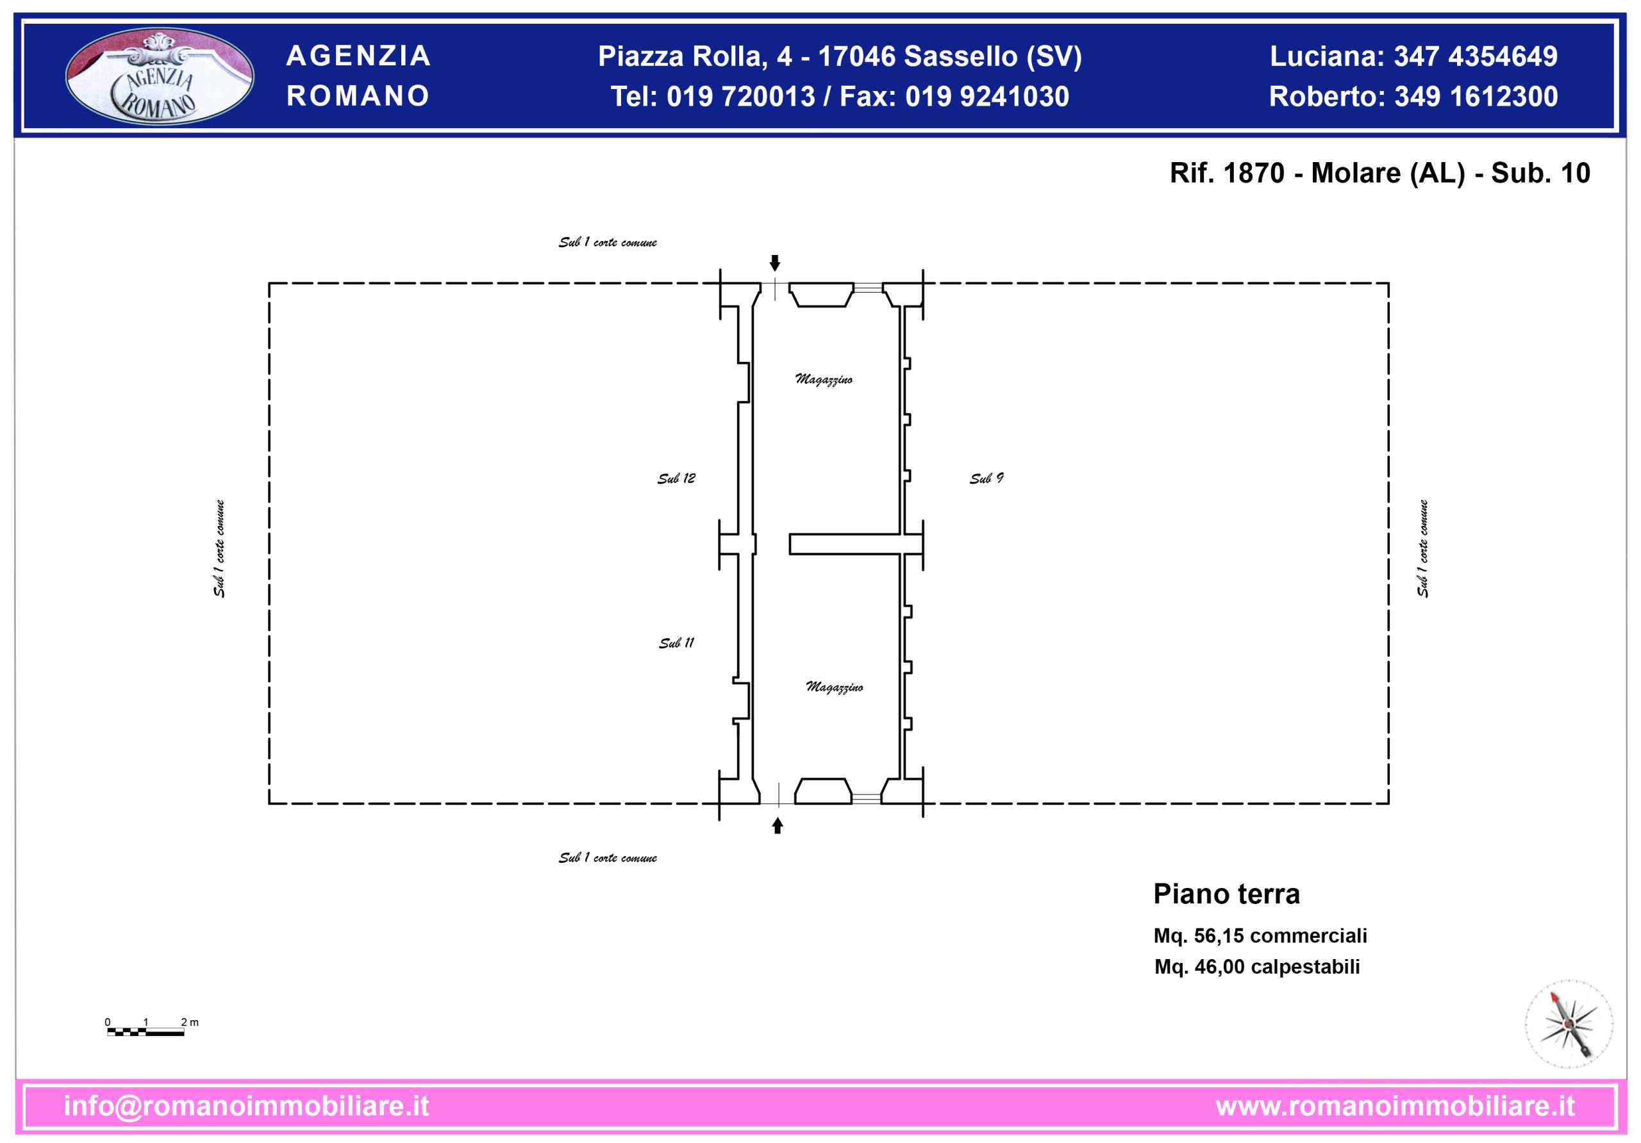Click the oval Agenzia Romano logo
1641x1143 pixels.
[160, 76]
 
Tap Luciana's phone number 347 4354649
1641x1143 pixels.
[1476, 56]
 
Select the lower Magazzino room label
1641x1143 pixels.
[834, 687]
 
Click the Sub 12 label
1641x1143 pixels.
[676, 478]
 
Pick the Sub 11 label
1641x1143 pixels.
[676, 642]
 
